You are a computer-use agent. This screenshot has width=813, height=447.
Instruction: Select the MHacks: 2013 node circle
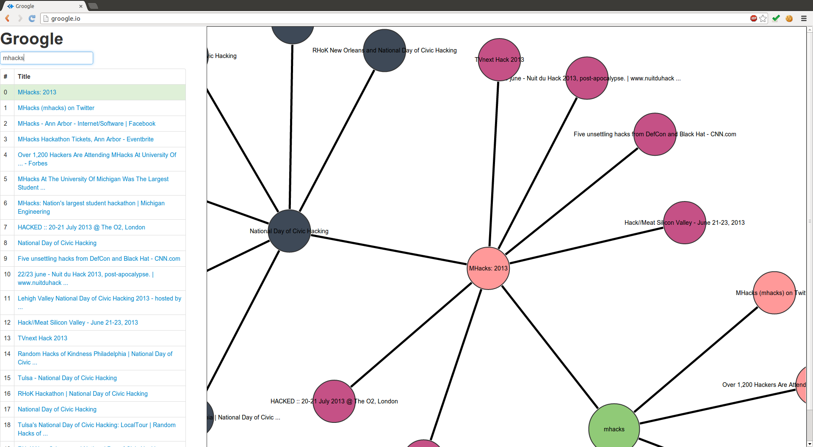point(488,268)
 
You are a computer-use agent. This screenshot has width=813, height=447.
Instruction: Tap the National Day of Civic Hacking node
point(290,231)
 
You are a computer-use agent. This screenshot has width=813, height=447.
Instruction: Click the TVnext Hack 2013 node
point(499,60)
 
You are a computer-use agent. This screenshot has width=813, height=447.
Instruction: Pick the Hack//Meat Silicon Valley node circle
point(684,223)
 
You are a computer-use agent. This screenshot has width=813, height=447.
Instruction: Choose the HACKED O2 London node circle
point(334,401)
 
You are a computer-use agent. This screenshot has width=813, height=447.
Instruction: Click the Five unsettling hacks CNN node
point(655,134)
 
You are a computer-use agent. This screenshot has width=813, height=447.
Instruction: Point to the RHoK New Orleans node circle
point(384,50)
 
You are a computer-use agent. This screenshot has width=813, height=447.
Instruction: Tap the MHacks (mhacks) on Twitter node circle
point(774,293)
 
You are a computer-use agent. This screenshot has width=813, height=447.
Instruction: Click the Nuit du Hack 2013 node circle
point(587,78)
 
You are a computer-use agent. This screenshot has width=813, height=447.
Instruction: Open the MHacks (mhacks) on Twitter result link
point(56,108)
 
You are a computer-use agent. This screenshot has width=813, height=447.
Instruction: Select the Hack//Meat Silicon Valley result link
point(78,323)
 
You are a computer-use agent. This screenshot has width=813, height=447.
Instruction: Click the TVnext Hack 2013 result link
point(42,338)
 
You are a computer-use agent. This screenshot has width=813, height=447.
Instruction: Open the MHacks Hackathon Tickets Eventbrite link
point(86,139)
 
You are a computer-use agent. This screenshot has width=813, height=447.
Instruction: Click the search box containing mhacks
point(47,58)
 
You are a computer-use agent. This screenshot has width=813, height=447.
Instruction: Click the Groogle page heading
point(32,39)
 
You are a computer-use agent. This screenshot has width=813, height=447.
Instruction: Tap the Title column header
point(24,77)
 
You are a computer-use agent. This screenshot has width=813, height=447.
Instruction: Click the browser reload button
point(32,19)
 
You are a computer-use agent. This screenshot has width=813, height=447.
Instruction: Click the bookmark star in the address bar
point(763,19)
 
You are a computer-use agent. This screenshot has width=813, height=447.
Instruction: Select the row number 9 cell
point(6,259)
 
